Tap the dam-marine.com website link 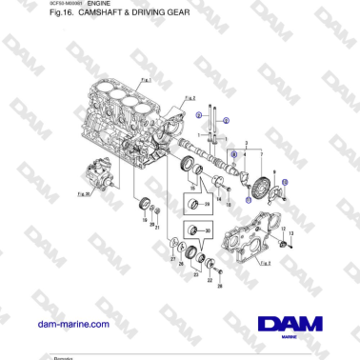click(x=72, y=324)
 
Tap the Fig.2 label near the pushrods click(x=189, y=97)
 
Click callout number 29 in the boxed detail click(x=208, y=204)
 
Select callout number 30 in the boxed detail click(x=208, y=230)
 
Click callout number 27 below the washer click(x=172, y=258)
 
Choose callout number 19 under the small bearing click(x=143, y=221)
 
